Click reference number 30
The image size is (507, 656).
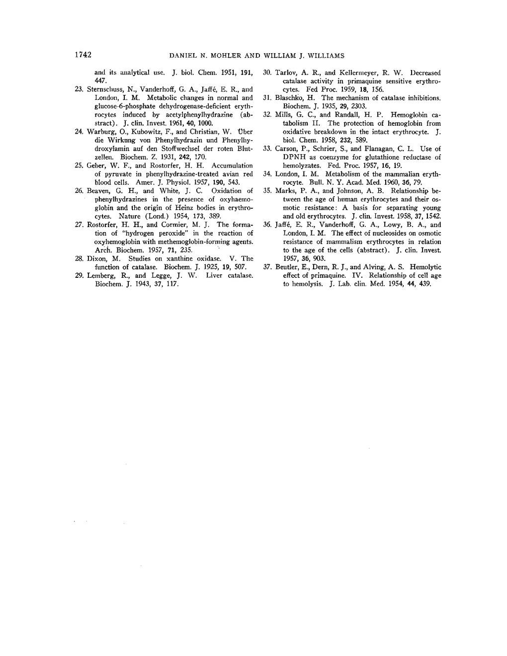click(x=266, y=73)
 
